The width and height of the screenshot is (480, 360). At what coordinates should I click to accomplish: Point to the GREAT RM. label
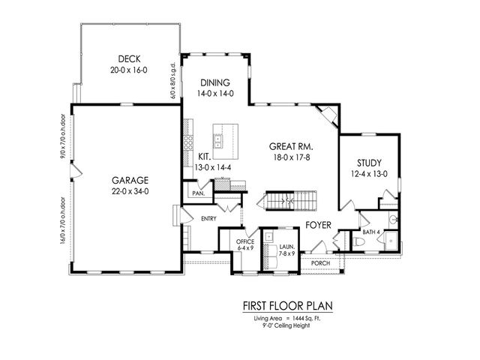click(x=292, y=148)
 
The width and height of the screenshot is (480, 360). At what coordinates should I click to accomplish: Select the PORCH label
click(x=321, y=263)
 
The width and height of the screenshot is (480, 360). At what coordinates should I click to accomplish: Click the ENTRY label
click(x=208, y=218)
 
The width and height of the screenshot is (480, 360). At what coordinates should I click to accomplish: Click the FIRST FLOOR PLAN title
click(x=287, y=306)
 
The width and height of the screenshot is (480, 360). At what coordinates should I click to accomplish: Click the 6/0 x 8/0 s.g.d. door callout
click(x=174, y=83)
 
